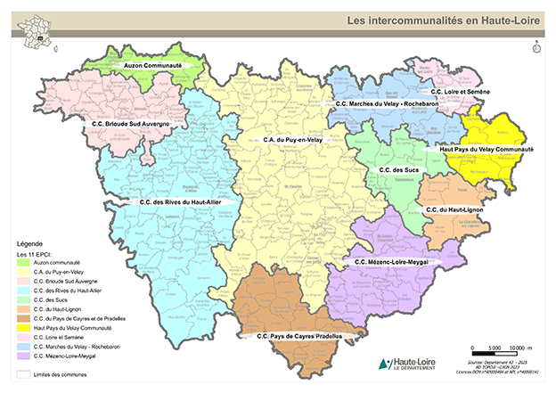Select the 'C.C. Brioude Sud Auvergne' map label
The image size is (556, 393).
point(128,124)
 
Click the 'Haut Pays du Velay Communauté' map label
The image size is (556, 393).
point(487,150)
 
